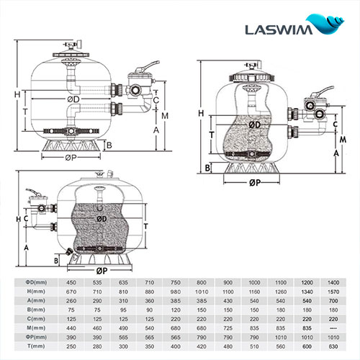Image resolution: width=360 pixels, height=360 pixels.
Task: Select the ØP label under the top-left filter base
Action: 71,158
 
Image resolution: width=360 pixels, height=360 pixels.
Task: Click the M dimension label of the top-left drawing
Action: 165,116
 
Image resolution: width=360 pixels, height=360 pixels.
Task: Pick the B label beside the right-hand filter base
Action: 207,168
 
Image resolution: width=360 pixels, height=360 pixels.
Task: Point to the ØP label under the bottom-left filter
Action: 101,270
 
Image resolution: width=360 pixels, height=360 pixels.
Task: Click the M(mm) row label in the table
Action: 27,328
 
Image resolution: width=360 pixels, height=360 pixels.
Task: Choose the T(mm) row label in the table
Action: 27,347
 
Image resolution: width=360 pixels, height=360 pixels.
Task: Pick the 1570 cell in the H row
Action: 333,290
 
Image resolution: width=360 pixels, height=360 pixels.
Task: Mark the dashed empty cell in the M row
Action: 333,328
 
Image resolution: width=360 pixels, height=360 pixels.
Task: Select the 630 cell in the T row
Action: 333,347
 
